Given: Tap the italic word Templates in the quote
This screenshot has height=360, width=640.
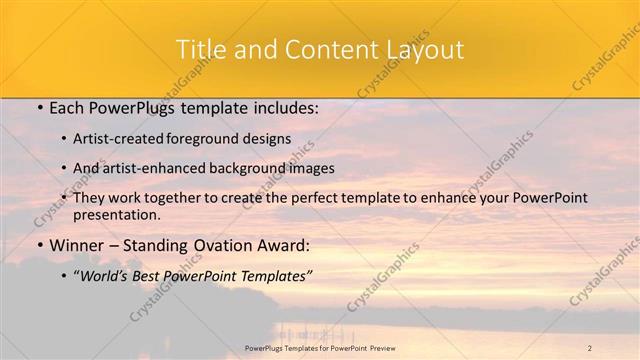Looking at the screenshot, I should [274, 275].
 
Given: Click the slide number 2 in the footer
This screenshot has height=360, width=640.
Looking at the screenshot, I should [590, 347].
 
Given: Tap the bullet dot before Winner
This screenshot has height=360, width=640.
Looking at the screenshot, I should [39, 245].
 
